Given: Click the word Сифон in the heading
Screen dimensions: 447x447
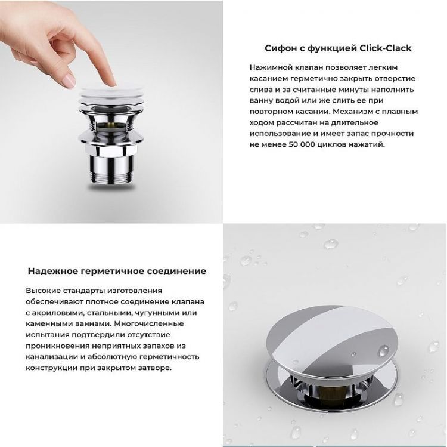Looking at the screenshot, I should pyautogui.click(x=280, y=48).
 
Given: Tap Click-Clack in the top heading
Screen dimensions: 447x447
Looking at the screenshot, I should pyautogui.click(x=386, y=48).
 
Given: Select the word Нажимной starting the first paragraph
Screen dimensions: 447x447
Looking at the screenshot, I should pyautogui.click(x=270, y=68).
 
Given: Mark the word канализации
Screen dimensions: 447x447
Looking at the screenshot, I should pyautogui.click(x=53, y=357).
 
